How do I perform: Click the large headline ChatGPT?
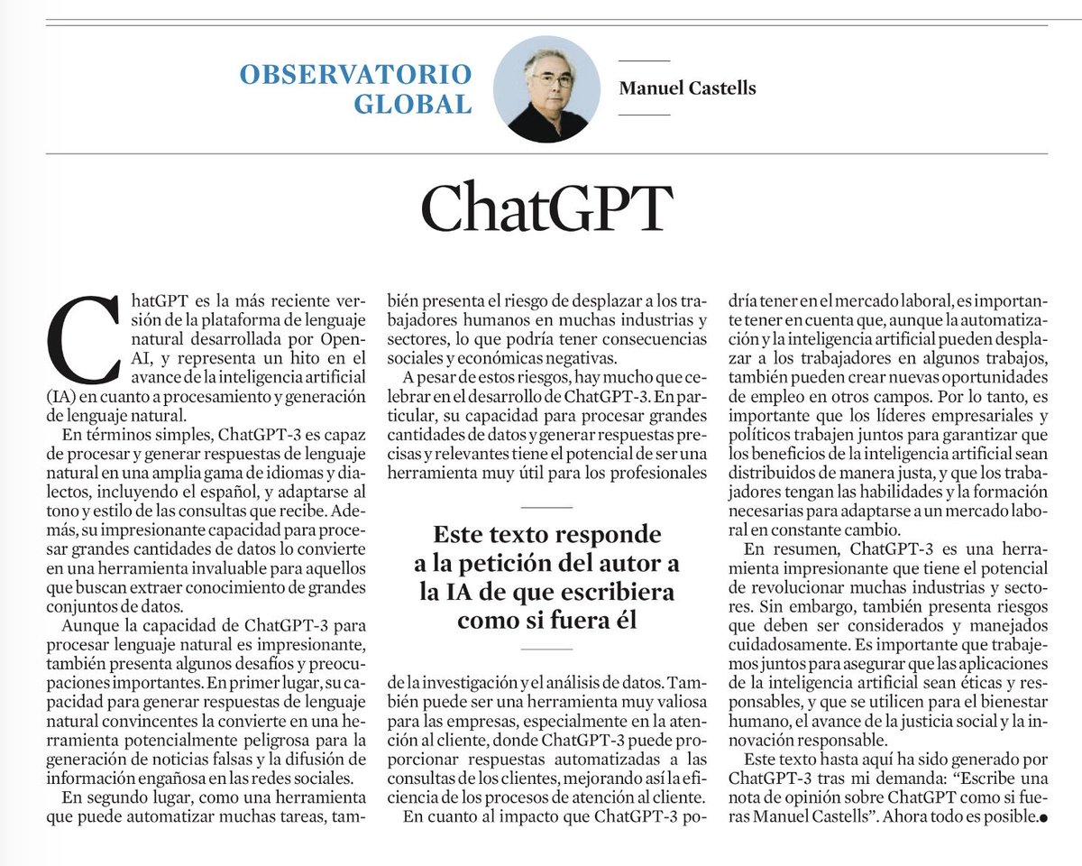[546, 209]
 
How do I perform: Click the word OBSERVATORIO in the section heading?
[355, 74]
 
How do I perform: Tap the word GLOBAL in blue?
[412, 105]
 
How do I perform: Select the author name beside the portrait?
[687, 88]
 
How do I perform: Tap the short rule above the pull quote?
[546, 508]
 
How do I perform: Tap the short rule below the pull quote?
[546, 649]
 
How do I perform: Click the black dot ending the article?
[1043, 820]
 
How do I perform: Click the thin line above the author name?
[645, 60]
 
